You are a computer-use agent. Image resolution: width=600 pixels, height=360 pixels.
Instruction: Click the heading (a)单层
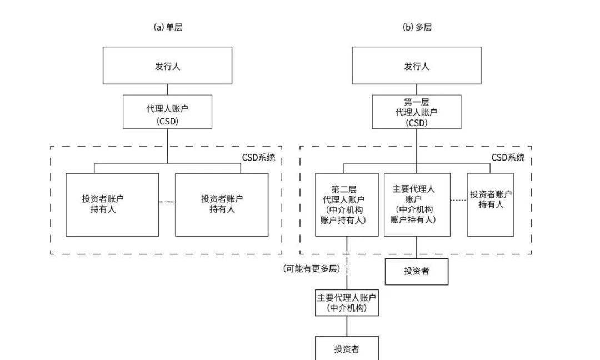[168, 27]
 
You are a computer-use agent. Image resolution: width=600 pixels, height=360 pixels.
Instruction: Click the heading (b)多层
[417, 27]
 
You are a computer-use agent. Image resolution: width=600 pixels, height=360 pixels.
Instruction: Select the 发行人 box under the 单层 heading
[167, 66]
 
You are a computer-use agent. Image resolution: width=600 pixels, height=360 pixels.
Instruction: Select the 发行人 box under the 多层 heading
[417, 66]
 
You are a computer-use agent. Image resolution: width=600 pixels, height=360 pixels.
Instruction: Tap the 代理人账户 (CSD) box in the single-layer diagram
[167, 112]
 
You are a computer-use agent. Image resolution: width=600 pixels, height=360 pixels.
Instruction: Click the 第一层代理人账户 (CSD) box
[417, 112]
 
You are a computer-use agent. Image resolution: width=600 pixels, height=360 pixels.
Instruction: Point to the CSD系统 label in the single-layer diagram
[258, 158]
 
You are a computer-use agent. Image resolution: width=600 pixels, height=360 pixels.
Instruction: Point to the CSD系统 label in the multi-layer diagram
[508, 158]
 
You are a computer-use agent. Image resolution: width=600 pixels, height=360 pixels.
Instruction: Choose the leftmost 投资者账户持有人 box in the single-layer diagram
[112, 204]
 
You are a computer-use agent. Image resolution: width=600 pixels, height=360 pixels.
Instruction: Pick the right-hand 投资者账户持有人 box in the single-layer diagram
[222, 204]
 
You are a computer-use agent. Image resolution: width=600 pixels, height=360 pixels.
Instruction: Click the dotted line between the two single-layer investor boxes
[167, 202]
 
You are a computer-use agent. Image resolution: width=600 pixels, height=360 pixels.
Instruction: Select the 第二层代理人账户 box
[347, 204]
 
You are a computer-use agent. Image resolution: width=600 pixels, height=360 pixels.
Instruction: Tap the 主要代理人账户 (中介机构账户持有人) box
[417, 204]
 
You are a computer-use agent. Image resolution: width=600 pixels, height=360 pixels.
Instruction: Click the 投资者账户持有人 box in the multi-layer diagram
[491, 204]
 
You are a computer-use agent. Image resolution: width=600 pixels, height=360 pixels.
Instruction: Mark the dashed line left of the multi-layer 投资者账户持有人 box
[458, 200]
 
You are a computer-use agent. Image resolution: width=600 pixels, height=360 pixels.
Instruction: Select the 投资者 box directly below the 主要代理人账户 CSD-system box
[417, 271]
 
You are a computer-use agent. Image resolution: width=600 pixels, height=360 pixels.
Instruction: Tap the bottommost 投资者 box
[347, 348]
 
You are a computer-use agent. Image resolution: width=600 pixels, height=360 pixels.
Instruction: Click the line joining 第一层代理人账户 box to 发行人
[417, 89]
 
